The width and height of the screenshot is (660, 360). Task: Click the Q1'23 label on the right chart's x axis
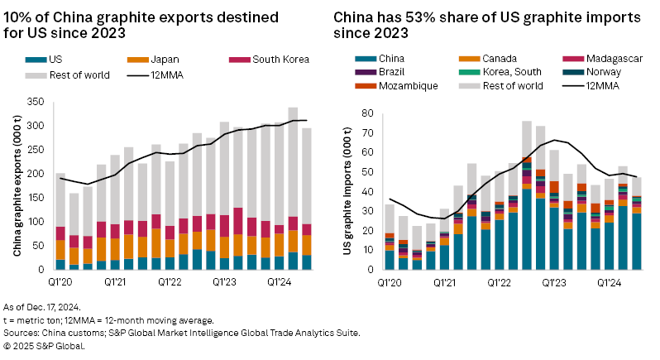553,281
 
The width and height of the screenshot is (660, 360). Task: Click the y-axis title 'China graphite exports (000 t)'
17,187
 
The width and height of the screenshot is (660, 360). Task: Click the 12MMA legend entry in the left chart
168,72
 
